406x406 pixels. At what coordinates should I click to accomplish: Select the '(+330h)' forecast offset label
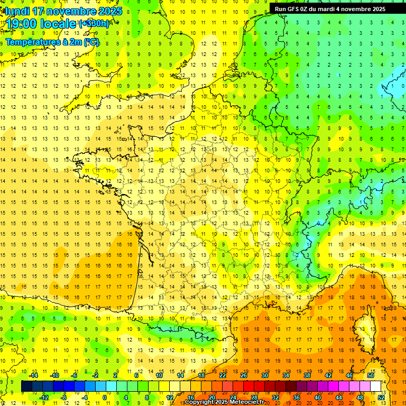[x=94, y=24]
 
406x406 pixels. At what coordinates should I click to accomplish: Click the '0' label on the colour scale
[x=105, y=398]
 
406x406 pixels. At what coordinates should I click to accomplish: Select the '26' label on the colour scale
[x=244, y=375]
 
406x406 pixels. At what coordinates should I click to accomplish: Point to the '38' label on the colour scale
[x=307, y=375]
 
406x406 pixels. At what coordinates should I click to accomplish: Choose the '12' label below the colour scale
[x=170, y=398]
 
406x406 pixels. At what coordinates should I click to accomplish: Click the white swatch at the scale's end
[x=376, y=386]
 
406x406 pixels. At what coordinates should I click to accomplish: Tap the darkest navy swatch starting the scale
[x=26, y=386]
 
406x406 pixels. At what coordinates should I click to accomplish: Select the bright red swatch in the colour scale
[x=249, y=386]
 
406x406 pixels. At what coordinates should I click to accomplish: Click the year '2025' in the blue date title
[x=110, y=11]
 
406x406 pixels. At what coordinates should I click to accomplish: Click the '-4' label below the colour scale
[x=84, y=398]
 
